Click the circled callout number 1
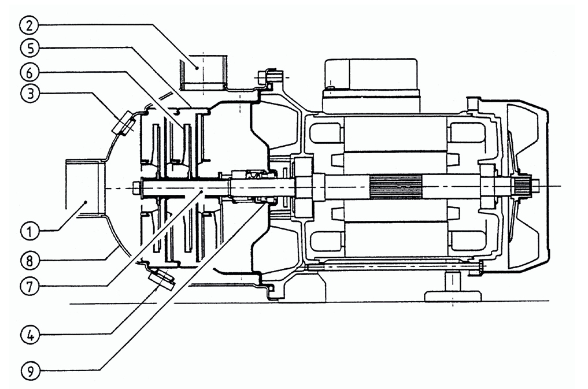[x=29, y=231]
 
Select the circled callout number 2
[x=29, y=25]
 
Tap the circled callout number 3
[x=29, y=93]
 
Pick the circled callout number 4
[x=29, y=334]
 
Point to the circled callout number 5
[x=29, y=48]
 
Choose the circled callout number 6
[x=29, y=71]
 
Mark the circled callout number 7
[x=29, y=286]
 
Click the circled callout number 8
[x=29, y=260]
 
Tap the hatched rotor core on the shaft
[x=395, y=186]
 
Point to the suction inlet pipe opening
[x=84, y=187]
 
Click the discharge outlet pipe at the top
[x=203, y=72]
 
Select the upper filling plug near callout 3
[x=124, y=122]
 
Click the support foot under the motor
[x=453, y=287]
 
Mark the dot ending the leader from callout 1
[x=86, y=202]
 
